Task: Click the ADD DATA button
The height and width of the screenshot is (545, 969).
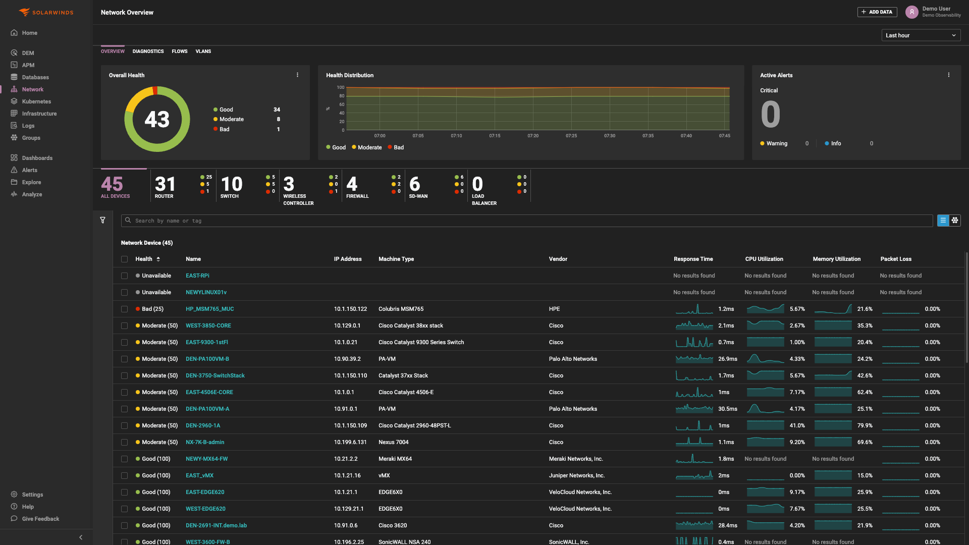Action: [877, 12]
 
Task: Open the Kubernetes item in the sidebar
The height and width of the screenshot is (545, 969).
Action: [36, 101]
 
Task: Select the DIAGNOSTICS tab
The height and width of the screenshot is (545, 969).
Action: [148, 51]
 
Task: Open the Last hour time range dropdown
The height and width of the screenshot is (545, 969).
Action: [921, 35]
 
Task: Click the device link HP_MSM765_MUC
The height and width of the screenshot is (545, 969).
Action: [209, 309]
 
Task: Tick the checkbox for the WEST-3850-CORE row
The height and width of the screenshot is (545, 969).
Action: [124, 326]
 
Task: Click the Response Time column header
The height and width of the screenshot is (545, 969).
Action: [693, 259]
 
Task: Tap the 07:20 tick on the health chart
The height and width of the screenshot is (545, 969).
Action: [533, 136]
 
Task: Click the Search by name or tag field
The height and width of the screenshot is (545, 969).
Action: [525, 221]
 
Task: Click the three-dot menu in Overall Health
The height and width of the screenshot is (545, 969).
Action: [297, 75]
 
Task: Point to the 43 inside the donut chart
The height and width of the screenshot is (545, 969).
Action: [157, 120]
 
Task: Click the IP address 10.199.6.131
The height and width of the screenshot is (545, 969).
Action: [350, 442]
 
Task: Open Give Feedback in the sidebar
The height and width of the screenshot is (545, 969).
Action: [40, 519]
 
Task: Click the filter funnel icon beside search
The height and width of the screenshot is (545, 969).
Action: [102, 221]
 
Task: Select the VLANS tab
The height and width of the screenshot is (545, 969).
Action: [203, 51]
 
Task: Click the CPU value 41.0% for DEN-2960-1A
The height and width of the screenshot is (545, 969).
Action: [797, 425]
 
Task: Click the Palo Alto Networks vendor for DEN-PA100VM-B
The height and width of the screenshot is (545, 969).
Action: [573, 359]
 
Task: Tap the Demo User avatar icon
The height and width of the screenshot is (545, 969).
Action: [911, 12]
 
